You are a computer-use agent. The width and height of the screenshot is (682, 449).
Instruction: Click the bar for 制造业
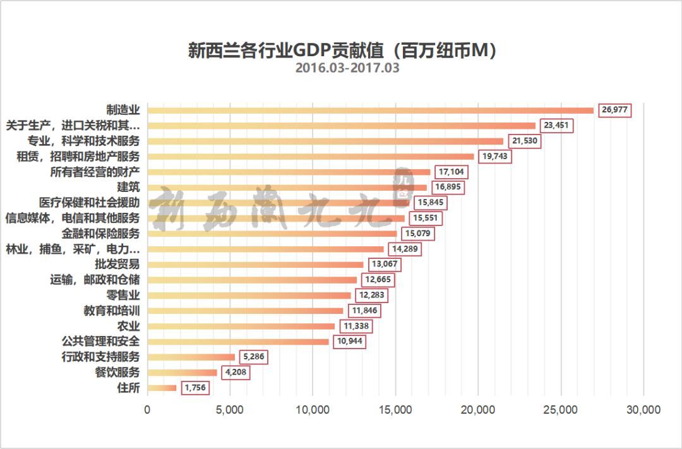tap(371, 111)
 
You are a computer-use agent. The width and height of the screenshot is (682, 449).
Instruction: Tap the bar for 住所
tap(162, 388)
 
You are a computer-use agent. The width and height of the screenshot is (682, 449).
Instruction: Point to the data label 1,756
tap(195, 388)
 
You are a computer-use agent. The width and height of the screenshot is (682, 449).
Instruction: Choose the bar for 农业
tap(241, 326)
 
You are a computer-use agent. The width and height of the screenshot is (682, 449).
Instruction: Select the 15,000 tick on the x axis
tap(395, 410)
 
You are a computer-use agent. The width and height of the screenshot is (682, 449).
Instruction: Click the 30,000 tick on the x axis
tap(643, 410)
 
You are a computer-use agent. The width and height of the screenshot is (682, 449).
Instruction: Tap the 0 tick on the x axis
tap(148, 410)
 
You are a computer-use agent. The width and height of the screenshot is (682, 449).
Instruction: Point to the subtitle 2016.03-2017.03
tap(347, 68)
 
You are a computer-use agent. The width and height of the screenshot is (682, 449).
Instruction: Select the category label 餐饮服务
tap(117, 373)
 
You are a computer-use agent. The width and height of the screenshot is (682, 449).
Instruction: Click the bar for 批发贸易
tap(256, 265)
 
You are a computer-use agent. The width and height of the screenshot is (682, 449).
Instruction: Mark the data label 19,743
tap(494, 157)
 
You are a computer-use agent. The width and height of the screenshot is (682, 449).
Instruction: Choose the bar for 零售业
tap(249, 296)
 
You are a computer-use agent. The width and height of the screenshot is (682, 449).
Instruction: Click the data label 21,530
tap(524, 141)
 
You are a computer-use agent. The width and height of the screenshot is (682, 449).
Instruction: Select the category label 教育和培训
tap(111, 311)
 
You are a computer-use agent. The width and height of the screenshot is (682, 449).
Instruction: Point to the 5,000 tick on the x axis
tap(230, 410)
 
